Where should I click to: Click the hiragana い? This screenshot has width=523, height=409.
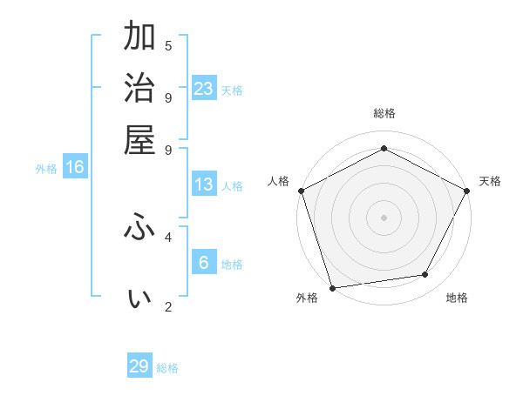tap(139, 298)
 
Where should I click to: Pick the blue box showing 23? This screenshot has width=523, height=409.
tap(204, 88)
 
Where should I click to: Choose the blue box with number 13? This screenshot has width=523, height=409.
tap(204, 184)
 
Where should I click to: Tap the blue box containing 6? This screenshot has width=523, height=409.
tap(204, 263)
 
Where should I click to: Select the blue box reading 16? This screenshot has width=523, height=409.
tap(75, 167)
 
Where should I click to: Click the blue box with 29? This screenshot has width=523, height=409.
tap(139, 366)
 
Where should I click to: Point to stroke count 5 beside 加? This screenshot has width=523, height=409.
tap(168, 46)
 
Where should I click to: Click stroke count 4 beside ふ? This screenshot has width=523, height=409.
tap(168, 236)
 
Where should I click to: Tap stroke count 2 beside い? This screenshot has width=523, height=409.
tap(168, 306)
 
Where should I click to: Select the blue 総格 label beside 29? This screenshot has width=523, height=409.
tap(167, 368)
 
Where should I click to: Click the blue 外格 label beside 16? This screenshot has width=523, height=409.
tap(46, 169)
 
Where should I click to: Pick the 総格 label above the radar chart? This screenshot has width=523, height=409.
tap(384, 113)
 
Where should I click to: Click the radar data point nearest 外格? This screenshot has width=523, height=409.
tap(332, 287)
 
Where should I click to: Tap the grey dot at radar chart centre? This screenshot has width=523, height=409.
tap(384, 217)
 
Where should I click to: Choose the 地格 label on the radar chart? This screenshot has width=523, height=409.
tap(457, 298)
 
